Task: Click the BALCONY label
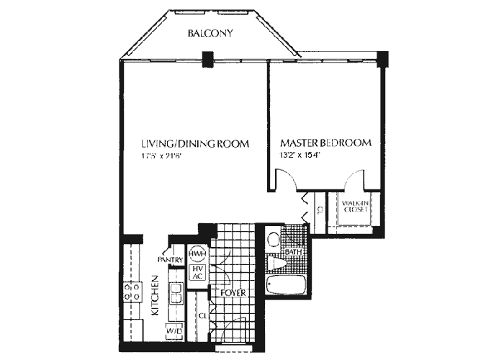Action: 210,33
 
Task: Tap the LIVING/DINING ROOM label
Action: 195,144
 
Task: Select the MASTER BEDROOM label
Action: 325,143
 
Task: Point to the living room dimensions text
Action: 166,157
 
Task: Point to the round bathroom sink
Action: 273,238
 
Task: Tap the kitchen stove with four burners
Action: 132,291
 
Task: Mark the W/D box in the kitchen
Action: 174,330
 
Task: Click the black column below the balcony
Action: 208,58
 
